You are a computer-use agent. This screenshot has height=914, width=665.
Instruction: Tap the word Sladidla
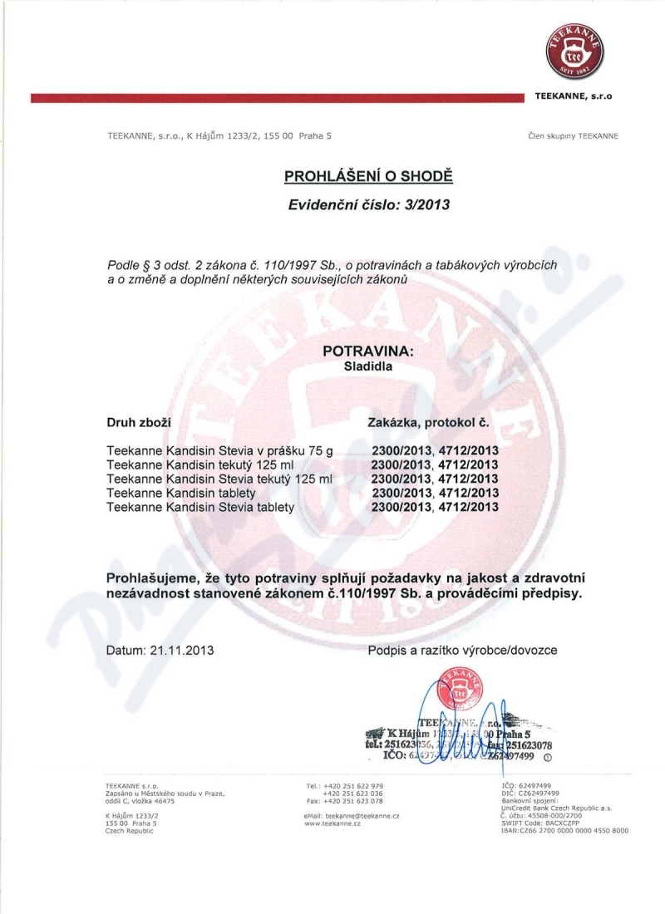click(x=367, y=365)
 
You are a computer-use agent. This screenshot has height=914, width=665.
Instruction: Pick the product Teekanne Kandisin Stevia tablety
click(x=201, y=506)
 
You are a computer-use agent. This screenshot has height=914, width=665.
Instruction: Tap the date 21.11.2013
click(x=181, y=651)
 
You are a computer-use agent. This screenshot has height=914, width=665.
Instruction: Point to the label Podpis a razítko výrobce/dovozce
click(x=462, y=651)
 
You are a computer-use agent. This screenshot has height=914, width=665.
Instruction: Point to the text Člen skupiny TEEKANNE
click(x=573, y=135)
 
